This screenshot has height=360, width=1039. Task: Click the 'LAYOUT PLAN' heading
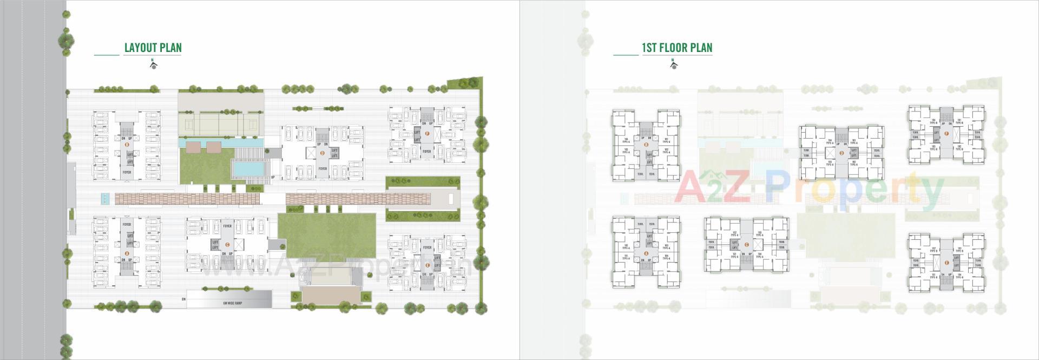[x=153, y=48]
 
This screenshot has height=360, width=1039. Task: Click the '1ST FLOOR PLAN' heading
[x=676, y=48]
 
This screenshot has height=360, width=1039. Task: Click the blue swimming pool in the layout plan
[x=251, y=169]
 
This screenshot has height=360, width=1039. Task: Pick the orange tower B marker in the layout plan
[x=127, y=145]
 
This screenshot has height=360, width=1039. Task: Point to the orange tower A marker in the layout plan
[x=127, y=253]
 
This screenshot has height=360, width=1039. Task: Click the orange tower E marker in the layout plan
[x=428, y=265]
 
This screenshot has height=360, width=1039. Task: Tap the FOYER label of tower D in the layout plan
[x=323, y=169]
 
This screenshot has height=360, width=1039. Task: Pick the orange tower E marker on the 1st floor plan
[x=946, y=263]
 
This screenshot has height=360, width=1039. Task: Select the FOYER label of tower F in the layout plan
[x=427, y=152]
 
